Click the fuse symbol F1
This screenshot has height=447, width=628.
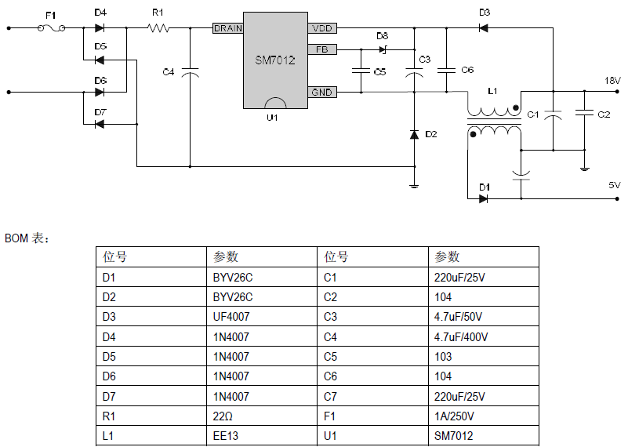tap(51, 28)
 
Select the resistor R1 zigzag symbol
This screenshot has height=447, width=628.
tap(158, 28)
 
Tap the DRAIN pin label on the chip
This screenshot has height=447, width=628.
tap(227, 28)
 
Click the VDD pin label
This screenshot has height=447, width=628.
tap(322, 28)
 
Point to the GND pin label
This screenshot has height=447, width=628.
tap(322, 93)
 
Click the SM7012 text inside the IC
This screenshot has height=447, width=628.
tap(274, 60)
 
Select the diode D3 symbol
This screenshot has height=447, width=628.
tap(484, 28)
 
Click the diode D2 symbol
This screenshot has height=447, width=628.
tap(414, 134)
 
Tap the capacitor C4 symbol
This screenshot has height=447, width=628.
tap(190, 72)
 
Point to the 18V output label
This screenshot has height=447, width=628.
tap(612, 81)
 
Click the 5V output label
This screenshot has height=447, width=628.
tap(614, 186)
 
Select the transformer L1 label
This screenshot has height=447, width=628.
tap(492, 92)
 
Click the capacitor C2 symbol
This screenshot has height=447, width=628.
tap(584, 114)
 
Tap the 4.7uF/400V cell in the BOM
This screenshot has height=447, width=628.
tap(461, 337)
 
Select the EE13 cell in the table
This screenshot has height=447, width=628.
tap(226, 436)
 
